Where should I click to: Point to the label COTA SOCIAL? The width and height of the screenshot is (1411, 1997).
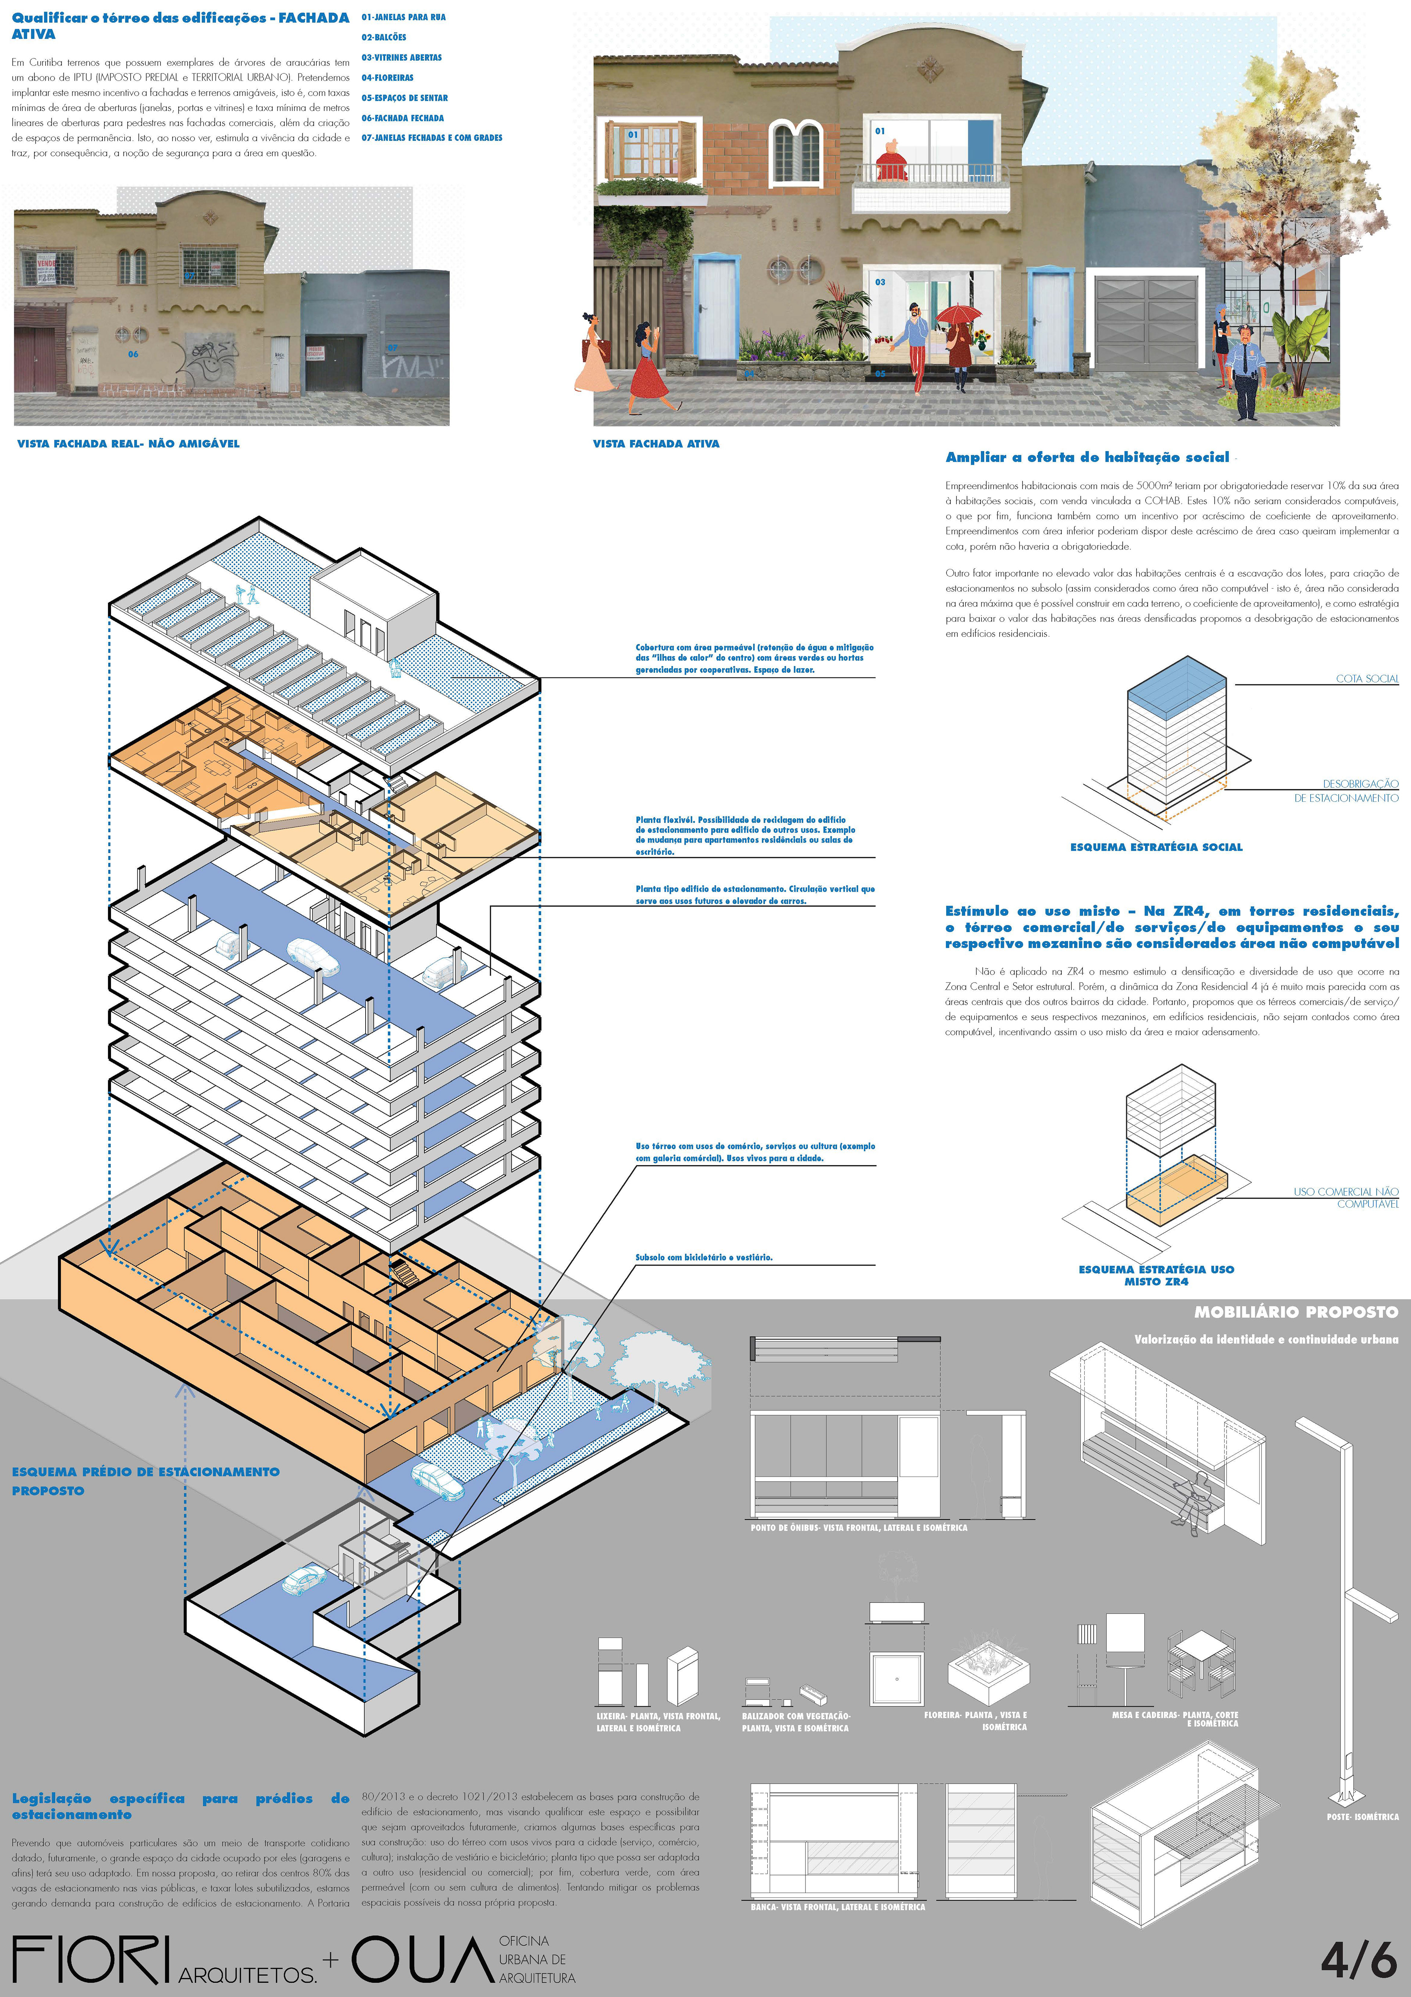tap(1367, 678)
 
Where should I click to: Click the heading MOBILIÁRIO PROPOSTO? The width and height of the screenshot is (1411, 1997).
tap(1295, 1312)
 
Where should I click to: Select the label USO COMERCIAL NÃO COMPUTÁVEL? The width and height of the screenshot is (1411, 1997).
tap(1346, 1198)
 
